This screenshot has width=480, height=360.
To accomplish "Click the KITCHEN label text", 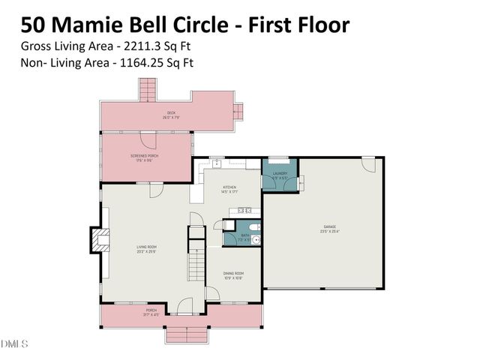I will [229, 187].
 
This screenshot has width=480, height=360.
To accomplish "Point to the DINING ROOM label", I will [233, 273].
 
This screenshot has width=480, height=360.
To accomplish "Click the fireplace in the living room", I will [97, 240].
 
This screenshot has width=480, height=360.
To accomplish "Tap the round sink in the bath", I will [256, 240].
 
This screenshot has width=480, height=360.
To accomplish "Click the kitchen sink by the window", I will [217, 162].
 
